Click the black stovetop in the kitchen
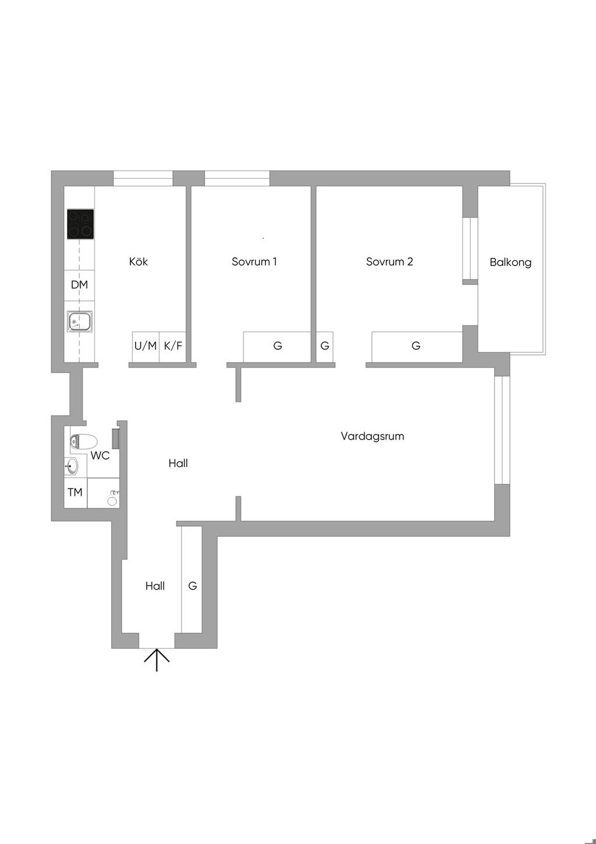80,224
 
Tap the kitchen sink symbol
80,321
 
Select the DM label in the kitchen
79,285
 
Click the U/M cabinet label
146,346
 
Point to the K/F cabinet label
173,346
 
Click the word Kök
139,262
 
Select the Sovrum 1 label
254,262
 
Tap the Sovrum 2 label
389,262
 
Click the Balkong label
510,263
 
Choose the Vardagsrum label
372,436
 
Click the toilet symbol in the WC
83,441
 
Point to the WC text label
100,456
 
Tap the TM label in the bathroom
75,492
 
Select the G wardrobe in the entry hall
192,586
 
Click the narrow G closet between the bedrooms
325,346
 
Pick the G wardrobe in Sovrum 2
416,346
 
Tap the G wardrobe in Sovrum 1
278,346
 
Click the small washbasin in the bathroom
71,466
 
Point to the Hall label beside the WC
178,463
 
